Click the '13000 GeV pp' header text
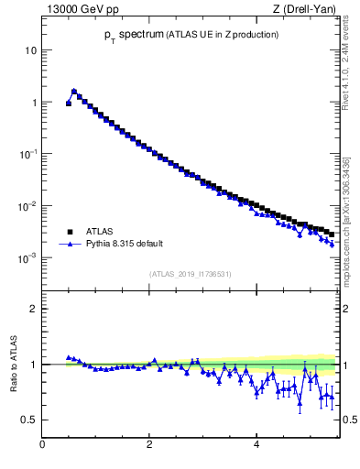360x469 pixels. click(x=80, y=9)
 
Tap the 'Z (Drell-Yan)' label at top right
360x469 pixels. click(x=306, y=9)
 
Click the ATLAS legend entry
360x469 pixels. click(x=100, y=232)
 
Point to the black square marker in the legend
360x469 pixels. click(x=70, y=232)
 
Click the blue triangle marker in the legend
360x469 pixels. click(x=70, y=245)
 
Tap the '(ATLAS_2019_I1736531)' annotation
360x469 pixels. click(x=191, y=273)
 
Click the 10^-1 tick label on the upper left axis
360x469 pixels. click(x=27, y=155)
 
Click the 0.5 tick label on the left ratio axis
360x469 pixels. click(x=27, y=420)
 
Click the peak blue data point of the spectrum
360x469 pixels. click(x=74, y=91)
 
